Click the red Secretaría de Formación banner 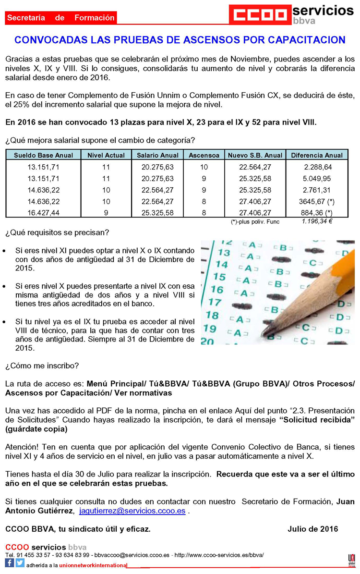point(61,18)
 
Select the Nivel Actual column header point(106,155)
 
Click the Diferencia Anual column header point(317,155)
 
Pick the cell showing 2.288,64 point(318,167)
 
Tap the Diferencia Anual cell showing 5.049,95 point(318,178)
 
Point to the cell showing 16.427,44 point(44,212)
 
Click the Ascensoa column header point(204,155)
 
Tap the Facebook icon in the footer point(10,563)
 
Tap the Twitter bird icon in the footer point(20,563)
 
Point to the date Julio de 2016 point(313,529)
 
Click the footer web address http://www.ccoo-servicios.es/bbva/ point(219,555)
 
